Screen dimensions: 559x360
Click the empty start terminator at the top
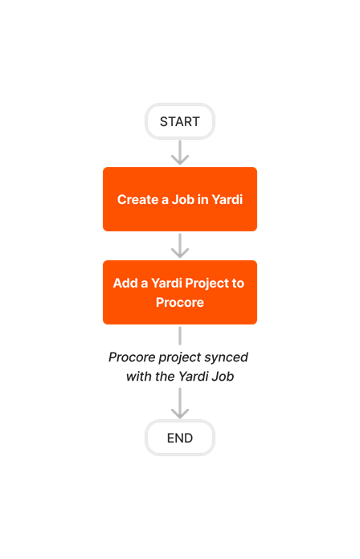(x=180, y=121)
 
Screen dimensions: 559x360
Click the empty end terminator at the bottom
(x=180, y=438)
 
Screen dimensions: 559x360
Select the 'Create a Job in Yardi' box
(x=180, y=199)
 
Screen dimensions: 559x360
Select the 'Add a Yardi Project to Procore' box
(x=180, y=292)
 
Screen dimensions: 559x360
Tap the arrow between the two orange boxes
(x=180, y=246)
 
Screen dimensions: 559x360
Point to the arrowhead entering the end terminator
(x=180, y=413)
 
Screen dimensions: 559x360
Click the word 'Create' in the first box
(x=137, y=200)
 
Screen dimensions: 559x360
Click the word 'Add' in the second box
(x=125, y=284)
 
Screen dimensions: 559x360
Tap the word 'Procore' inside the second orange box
(x=180, y=303)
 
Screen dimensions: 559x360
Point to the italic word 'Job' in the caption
(x=223, y=376)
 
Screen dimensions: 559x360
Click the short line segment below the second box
(x=180, y=335)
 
